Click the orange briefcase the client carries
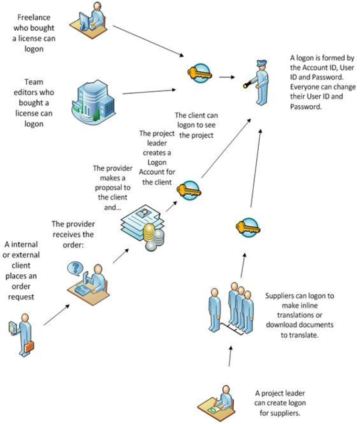[x=30, y=346]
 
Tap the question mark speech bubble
[x=75, y=268]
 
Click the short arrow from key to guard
[x=226, y=76]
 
